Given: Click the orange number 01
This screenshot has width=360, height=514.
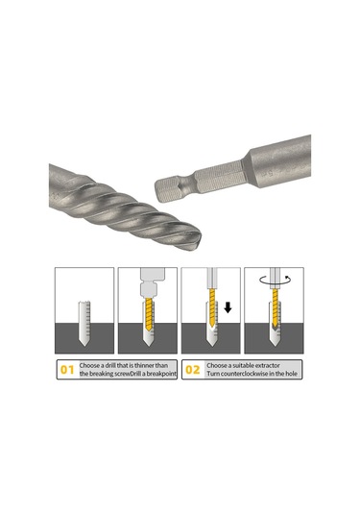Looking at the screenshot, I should pyautogui.click(x=67, y=367).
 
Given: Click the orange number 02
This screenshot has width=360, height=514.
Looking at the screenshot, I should pyautogui.click(x=192, y=367).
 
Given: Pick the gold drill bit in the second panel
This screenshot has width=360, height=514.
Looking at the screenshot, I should pyautogui.click(x=146, y=322).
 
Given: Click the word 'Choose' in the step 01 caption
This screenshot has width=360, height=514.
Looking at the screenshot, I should pyautogui.click(x=92, y=362).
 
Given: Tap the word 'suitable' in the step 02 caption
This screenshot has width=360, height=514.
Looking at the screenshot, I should pyautogui.click(x=250, y=362).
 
